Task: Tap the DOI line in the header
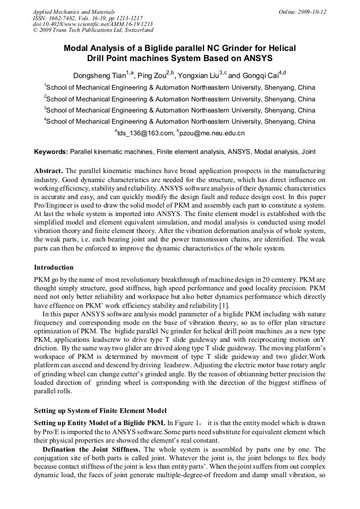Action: (93, 24)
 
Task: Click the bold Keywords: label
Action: (51, 152)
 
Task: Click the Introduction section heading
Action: (54, 267)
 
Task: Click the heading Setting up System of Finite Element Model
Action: (100, 410)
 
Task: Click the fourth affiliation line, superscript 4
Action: (179, 122)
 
